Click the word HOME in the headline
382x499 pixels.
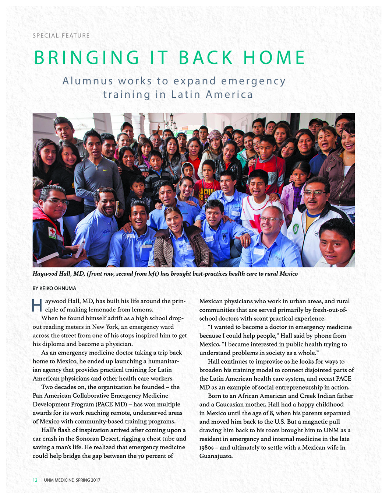coord(274,57)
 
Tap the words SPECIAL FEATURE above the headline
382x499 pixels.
coord(61,35)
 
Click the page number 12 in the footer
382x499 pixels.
coord(35,480)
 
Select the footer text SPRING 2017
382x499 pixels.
coord(88,480)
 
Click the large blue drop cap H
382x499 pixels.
coord(37,306)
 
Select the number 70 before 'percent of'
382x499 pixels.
coord(141,456)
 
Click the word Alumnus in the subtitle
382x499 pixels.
coord(88,81)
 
